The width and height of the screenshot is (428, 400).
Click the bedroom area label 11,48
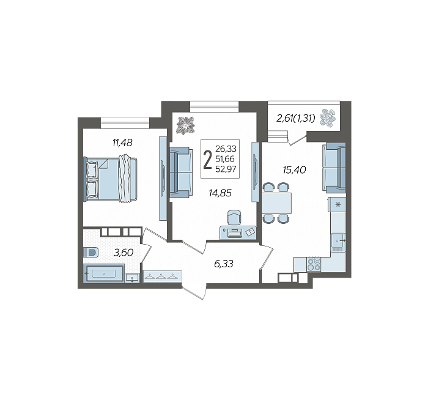point(122,143)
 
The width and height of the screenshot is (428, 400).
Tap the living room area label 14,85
point(220,193)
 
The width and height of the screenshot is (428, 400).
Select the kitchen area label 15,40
point(294,170)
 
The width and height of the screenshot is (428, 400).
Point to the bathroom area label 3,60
point(124,253)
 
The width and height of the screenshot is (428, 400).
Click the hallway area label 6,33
point(224,264)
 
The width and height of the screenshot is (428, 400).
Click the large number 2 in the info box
point(208,160)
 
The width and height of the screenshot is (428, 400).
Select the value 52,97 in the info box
point(226,169)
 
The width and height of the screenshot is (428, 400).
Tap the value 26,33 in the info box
point(226,149)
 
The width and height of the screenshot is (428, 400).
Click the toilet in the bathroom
point(90,252)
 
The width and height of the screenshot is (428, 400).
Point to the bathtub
point(104,273)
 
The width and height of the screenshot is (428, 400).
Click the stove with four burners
point(314,265)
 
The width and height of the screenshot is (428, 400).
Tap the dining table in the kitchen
point(276,203)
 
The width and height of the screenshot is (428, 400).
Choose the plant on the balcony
point(328,118)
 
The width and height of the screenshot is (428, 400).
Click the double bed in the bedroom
point(110,179)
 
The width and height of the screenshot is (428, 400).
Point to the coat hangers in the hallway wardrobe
point(163,276)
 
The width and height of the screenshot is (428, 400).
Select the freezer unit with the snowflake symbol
point(337,204)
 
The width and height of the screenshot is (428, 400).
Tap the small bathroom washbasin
point(132,278)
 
